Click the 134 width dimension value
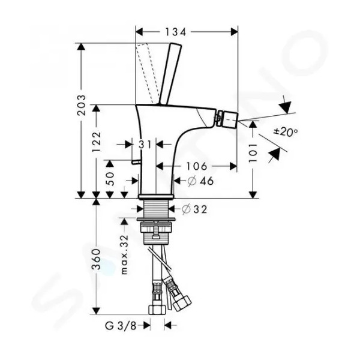pos(175,32)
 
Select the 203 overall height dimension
pos(82,105)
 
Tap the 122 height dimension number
pos(96,141)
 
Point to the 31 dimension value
pos(145,145)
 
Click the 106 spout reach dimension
pos(197,166)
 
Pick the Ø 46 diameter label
pos(200,181)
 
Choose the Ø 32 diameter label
pos(194,209)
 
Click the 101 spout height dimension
pos(253,153)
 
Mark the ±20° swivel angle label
pos(286,132)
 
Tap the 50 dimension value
pos(110,179)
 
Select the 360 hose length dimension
pos(96,259)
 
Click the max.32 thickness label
pos(124,254)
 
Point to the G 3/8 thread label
pos(121,326)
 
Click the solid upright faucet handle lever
pos(170,74)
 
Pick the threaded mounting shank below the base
pos(156,208)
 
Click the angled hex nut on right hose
pos(182,303)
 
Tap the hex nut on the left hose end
pos(157,310)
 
